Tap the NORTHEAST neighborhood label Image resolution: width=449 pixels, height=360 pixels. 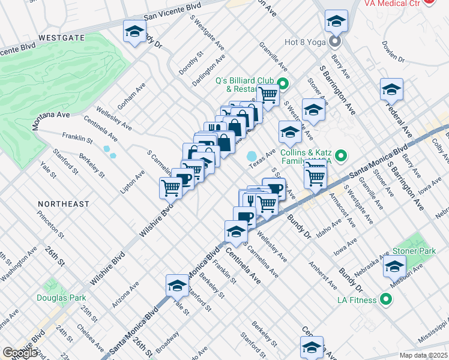62,204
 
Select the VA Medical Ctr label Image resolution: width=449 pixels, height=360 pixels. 394,3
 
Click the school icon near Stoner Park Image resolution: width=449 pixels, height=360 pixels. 394,267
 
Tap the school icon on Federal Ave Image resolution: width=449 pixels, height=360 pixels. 391,90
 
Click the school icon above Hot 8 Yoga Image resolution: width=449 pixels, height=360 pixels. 336,21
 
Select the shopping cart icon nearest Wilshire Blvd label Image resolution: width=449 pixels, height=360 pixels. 170,187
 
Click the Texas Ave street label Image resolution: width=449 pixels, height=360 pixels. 262,158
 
